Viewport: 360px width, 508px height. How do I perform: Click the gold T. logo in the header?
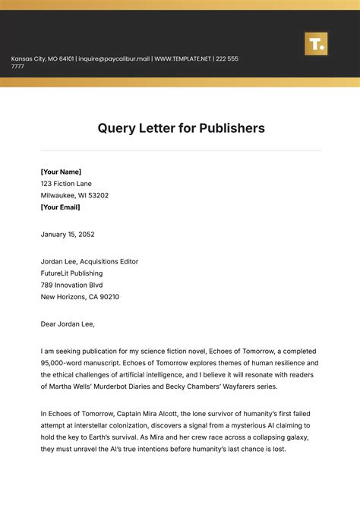coord(315,43)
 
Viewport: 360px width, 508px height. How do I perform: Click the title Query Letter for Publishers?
coord(181,128)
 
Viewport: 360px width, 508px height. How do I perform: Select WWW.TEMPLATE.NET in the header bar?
coord(182,59)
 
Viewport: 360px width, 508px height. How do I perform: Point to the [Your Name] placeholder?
coord(61,172)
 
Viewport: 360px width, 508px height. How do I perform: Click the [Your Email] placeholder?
coord(60,207)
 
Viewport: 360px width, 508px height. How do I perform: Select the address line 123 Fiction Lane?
coord(68,184)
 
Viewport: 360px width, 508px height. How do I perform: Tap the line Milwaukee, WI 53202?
coord(74,195)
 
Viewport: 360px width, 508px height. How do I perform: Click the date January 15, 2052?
coord(68,235)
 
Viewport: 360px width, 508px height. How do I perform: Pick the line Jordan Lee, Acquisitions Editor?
coord(90,262)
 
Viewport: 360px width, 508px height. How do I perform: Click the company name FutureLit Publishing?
coord(71,273)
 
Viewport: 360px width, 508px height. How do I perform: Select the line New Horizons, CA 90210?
coord(80,297)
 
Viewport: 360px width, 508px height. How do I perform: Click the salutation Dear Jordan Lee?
coord(68,324)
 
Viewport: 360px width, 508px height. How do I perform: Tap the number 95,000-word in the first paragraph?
coord(62,363)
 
